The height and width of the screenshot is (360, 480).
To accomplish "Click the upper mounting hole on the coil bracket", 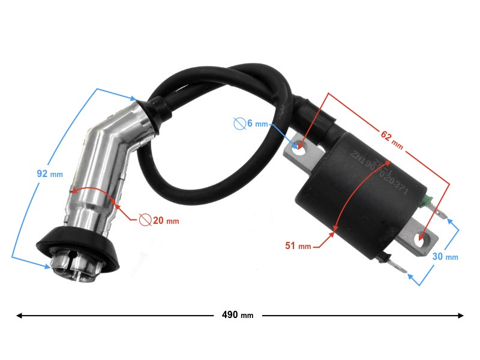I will click(x=299, y=146).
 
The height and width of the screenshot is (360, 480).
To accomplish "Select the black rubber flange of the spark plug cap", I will click(x=77, y=246).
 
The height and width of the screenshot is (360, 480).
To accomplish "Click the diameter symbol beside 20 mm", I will click(x=145, y=220).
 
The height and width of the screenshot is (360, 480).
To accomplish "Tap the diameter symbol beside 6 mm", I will click(x=238, y=124).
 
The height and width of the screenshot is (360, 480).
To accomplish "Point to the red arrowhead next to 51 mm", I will click(x=335, y=229).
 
